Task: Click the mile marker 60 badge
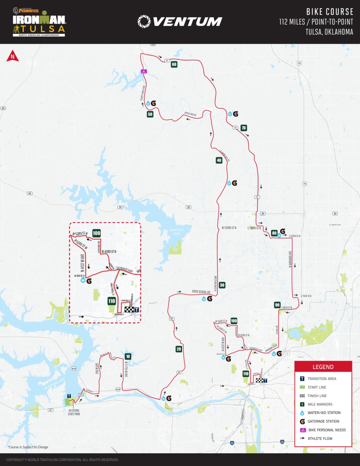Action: click(x=174, y=64)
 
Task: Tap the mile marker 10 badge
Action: click(x=128, y=356)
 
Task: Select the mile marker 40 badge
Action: click(x=219, y=160)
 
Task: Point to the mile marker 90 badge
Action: click(x=277, y=305)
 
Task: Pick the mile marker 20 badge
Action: click(x=179, y=349)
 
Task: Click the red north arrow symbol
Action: click(x=13, y=56)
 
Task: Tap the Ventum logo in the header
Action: click(x=180, y=22)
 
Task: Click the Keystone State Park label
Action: click(x=74, y=412)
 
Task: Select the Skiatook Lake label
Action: click(x=177, y=232)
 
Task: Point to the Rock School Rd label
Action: click(x=201, y=292)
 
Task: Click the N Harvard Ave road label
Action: click(x=290, y=259)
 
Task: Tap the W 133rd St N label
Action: click(x=229, y=228)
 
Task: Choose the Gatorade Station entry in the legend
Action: click(x=323, y=421)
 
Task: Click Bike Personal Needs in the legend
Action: click(x=327, y=430)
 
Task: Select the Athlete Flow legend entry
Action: click(x=320, y=438)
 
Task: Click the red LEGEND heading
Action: click(x=323, y=367)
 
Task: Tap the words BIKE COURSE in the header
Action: click(x=330, y=12)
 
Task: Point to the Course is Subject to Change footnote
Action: click(x=28, y=447)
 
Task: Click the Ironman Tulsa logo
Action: click(x=39, y=22)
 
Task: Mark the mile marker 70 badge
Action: click(x=244, y=128)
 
